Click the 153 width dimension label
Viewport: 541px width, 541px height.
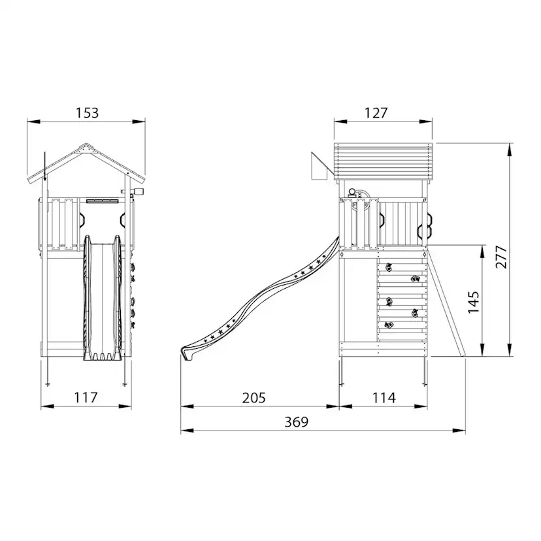[87, 113]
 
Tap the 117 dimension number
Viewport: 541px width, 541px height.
[86, 397]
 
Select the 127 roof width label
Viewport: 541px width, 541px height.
[376, 113]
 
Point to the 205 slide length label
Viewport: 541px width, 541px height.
[254, 398]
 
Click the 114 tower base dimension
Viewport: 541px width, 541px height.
[384, 398]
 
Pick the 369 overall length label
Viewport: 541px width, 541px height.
[297, 421]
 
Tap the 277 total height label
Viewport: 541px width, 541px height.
[501, 257]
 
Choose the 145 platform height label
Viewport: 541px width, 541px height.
[473, 303]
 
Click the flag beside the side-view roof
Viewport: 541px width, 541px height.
[320, 166]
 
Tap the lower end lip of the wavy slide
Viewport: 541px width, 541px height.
[187, 353]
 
